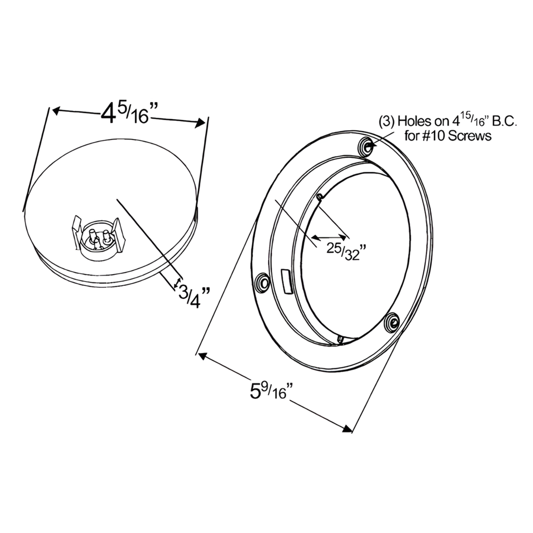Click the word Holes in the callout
(414, 123)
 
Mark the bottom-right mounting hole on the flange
(392, 322)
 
